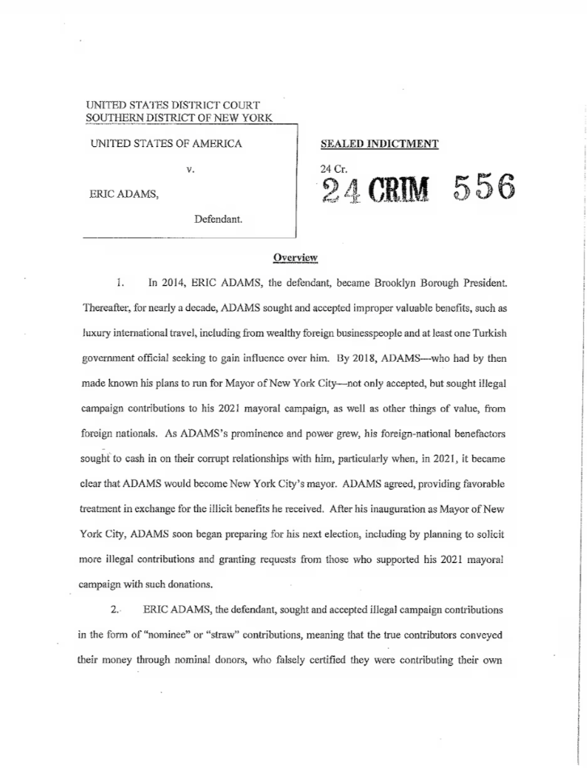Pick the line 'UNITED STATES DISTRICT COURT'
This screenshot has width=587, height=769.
point(173,105)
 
